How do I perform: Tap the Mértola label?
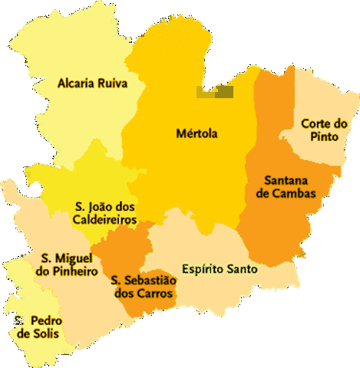point(197,133)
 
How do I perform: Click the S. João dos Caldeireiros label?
point(105,213)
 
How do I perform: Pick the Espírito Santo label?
point(220,269)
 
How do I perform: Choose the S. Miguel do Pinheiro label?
point(67,264)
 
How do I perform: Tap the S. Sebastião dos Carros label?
point(144,287)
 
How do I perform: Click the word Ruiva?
point(111,83)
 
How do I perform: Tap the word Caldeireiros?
point(105,220)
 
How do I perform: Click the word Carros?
point(158,294)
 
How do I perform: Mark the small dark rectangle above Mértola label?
point(214,93)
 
